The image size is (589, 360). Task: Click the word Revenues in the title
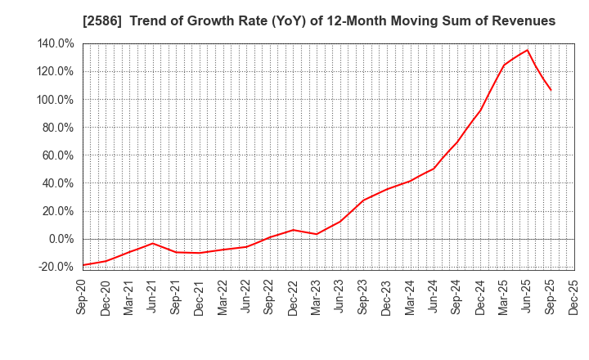(521, 20)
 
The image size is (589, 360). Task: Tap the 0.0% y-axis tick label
(62, 239)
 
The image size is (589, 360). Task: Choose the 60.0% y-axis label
(60, 155)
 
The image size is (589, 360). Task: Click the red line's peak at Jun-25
(527, 50)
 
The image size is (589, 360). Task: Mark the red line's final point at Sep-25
(551, 90)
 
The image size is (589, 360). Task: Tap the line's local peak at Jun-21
(153, 243)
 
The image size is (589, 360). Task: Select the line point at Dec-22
(293, 230)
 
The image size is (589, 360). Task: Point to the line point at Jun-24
(434, 169)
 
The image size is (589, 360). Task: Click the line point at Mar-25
(503, 65)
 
